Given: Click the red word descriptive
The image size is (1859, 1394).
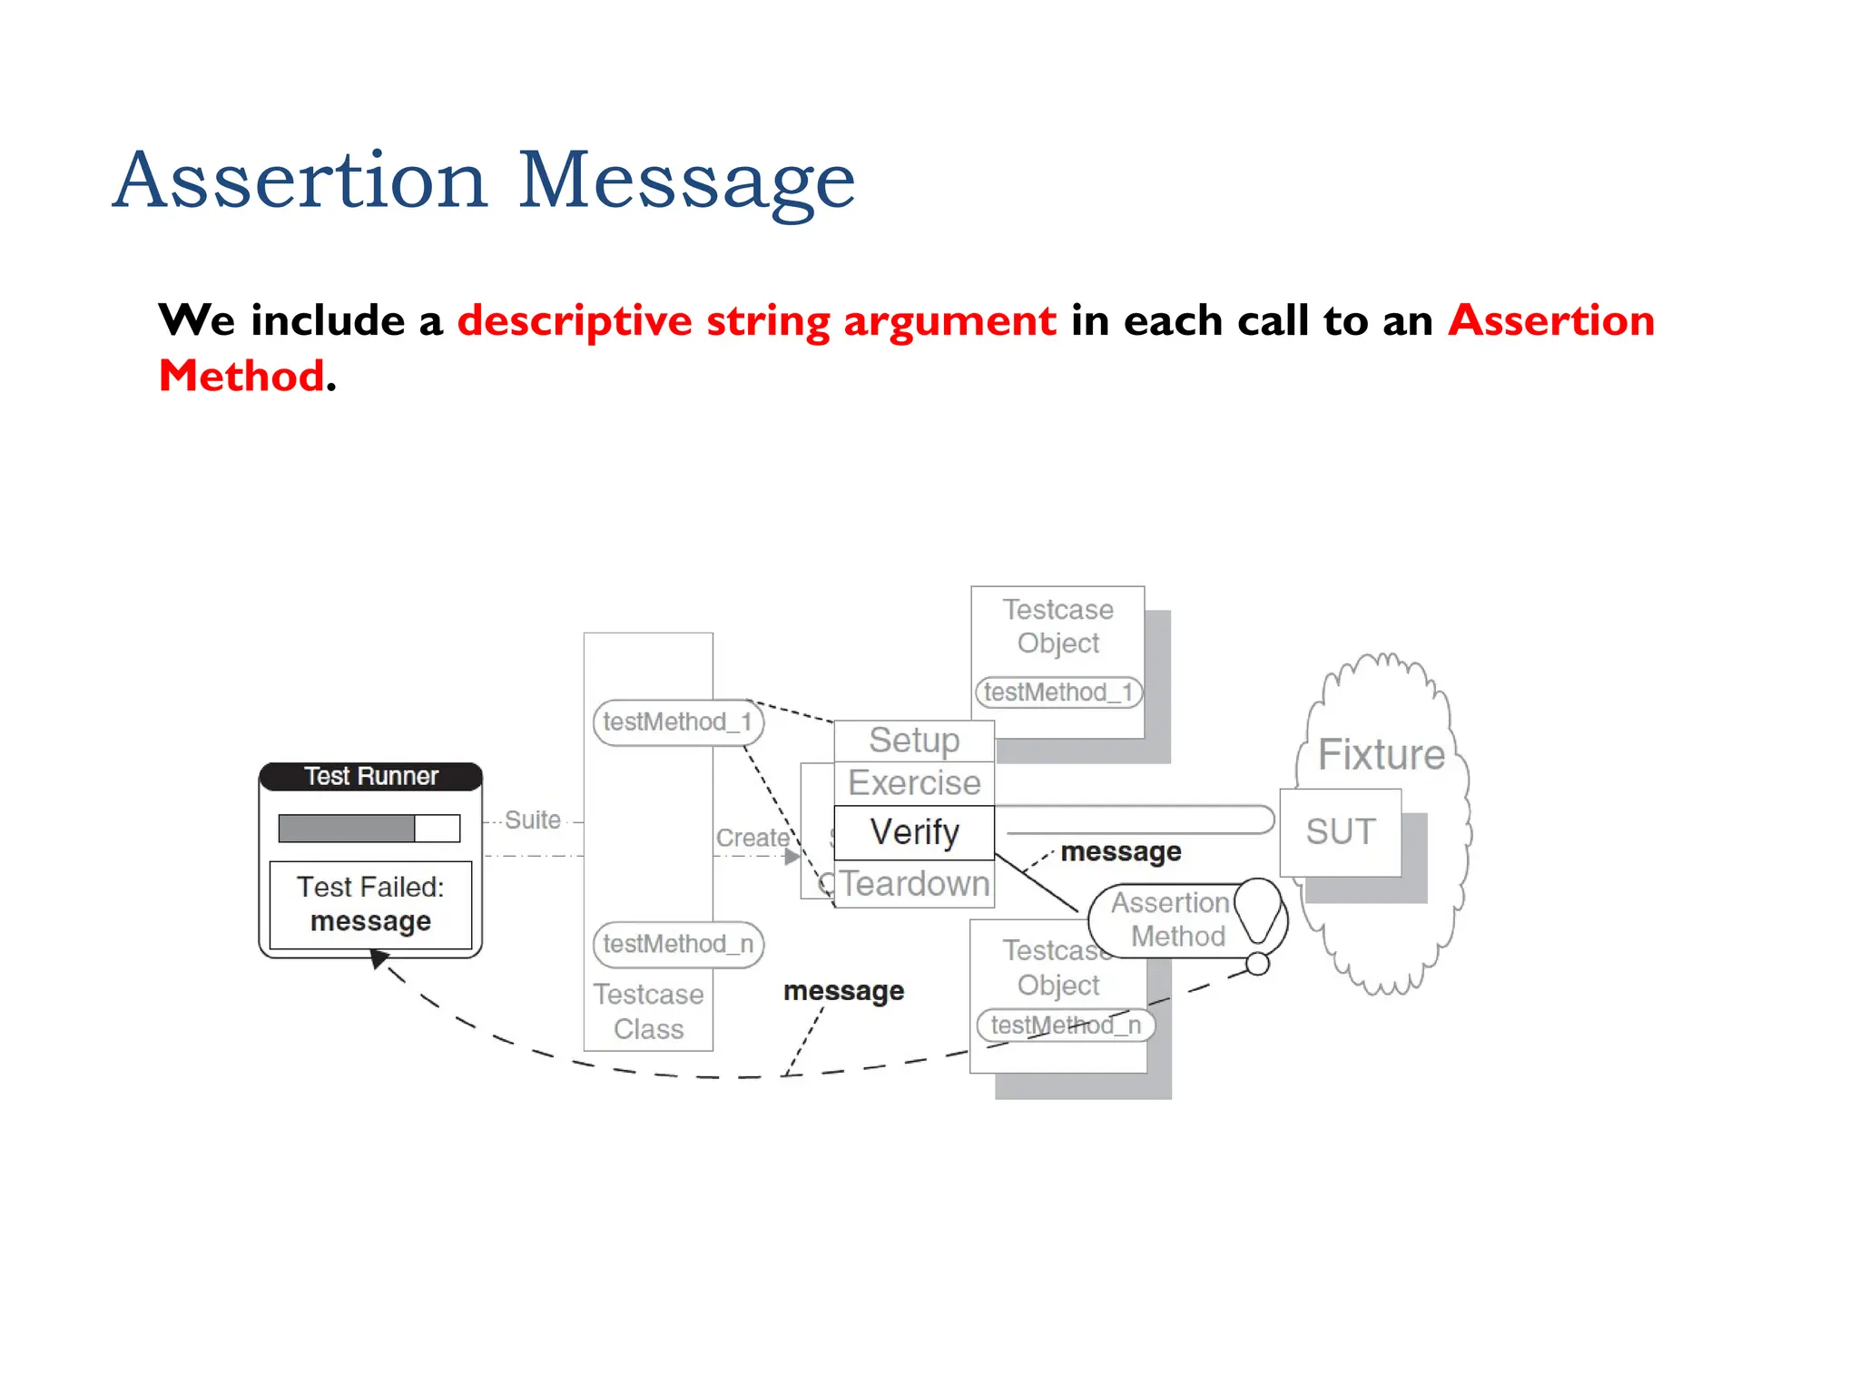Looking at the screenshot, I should (575, 321).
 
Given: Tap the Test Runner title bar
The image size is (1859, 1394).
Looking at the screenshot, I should (370, 777).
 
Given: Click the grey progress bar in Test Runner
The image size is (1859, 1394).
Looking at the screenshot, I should (347, 828).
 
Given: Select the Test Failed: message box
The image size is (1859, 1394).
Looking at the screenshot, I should (370, 904).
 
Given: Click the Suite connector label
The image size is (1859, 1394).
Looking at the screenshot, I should (533, 820).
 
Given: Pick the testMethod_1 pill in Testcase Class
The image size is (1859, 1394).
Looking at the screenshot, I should (677, 722).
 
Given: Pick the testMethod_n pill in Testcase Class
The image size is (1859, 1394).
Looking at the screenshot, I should (677, 944).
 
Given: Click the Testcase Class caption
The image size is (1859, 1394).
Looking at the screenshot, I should (648, 1012).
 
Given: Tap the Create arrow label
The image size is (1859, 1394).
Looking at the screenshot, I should (752, 838).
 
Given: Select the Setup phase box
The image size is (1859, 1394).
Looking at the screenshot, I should (914, 741).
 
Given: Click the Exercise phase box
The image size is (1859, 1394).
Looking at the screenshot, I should (914, 783).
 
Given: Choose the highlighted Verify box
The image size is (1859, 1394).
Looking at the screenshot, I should (914, 832).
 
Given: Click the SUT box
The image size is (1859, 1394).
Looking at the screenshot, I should (1341, 832).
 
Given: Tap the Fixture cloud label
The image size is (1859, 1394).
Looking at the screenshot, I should (1381, 755).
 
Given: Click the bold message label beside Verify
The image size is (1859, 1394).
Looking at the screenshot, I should (1120, 852).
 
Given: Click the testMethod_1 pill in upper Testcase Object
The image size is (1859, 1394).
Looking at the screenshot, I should (1058, 692).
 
